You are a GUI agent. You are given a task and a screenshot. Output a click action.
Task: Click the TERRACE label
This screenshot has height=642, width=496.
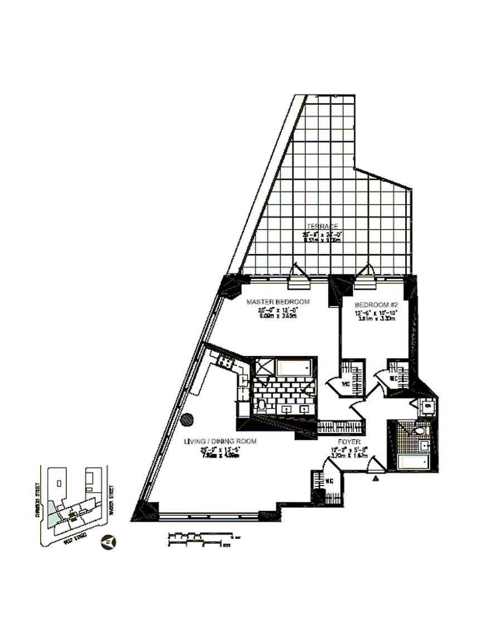[322, 226]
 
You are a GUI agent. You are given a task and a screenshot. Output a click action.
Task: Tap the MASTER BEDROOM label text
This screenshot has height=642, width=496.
[278, 303]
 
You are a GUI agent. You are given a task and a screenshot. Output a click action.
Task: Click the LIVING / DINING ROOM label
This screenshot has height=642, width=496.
[221, 441]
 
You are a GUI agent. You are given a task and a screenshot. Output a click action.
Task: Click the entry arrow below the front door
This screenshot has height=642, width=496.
[376, 478]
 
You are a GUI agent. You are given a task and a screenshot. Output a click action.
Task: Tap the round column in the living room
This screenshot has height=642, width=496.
[188, 419]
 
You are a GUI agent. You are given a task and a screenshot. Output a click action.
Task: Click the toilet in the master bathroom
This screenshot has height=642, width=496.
[261, 404]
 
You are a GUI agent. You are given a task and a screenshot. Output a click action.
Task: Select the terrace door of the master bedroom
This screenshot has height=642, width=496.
[294, 277]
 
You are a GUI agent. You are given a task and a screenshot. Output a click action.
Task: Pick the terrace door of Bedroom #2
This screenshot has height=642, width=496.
[366, 277]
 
